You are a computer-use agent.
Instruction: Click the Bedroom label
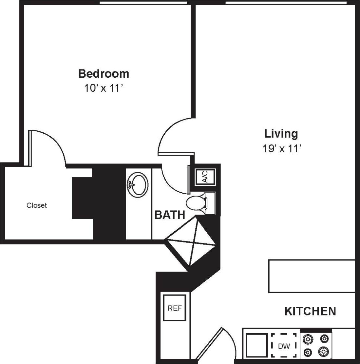coord(104,73)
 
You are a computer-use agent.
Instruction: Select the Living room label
coord(281,134)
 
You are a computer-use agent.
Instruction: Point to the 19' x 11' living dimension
coord(281,149)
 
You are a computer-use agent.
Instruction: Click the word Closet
coord(37,205)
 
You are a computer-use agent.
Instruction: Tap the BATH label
coord(169,215)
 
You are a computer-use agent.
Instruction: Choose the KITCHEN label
coord(310,311)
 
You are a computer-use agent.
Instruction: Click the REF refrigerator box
coord(175,308)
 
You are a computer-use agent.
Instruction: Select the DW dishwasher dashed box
coord(284,346)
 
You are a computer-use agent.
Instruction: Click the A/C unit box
coord(205,177)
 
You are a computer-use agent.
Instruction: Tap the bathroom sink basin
coord(138,185)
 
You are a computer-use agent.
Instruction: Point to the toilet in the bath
coord(197,203)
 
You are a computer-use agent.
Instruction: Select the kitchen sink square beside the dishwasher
coord(256,346)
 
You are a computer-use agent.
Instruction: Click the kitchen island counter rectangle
coord(312,276)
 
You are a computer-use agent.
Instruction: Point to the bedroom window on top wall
coord(143,3)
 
